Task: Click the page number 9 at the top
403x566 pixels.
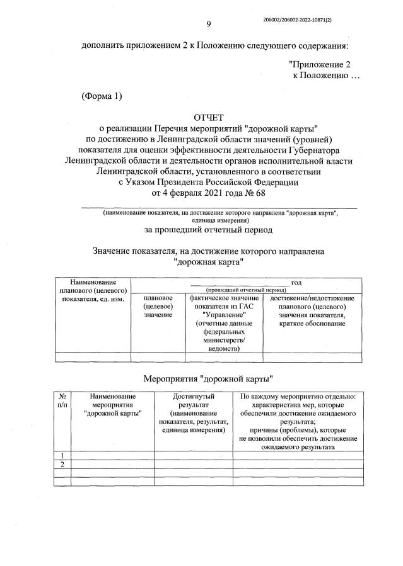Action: pyautogui.click(x=209, y=24)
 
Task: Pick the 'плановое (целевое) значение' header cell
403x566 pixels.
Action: pyautogui.click(x=158, y=306)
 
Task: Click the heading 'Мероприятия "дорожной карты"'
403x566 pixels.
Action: pyautogui.click(x=208, y=380)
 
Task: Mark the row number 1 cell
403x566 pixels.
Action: pyautogui.click(x=63, y=455)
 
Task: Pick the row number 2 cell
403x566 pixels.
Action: pyautogui.click(x=63, y=465)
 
